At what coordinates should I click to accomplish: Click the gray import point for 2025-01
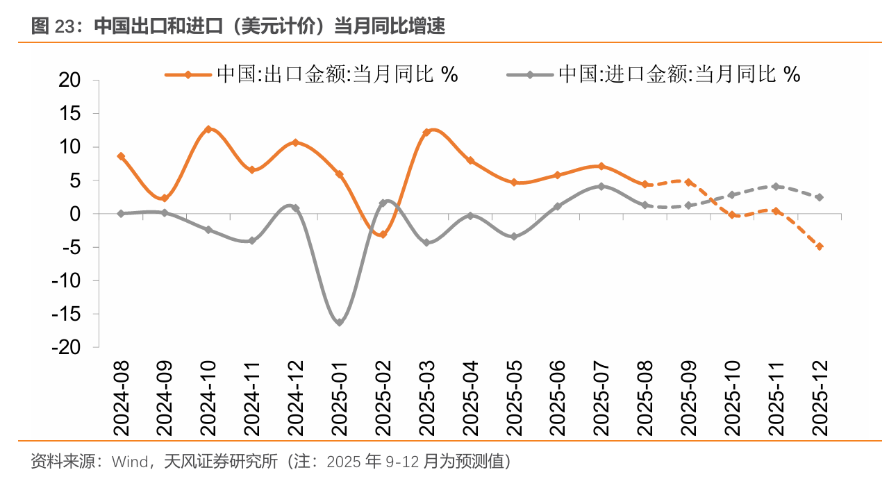340,322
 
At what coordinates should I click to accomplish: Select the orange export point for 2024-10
208,129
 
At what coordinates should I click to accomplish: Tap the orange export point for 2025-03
426,132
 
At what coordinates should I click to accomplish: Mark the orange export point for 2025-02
383,235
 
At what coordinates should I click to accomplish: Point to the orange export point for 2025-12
820,246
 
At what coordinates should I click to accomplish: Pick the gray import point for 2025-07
601,186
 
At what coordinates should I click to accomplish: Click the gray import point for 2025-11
776,186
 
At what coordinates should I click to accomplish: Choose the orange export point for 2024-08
121,156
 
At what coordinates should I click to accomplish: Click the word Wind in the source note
131,461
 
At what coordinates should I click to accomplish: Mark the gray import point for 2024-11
252,241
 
